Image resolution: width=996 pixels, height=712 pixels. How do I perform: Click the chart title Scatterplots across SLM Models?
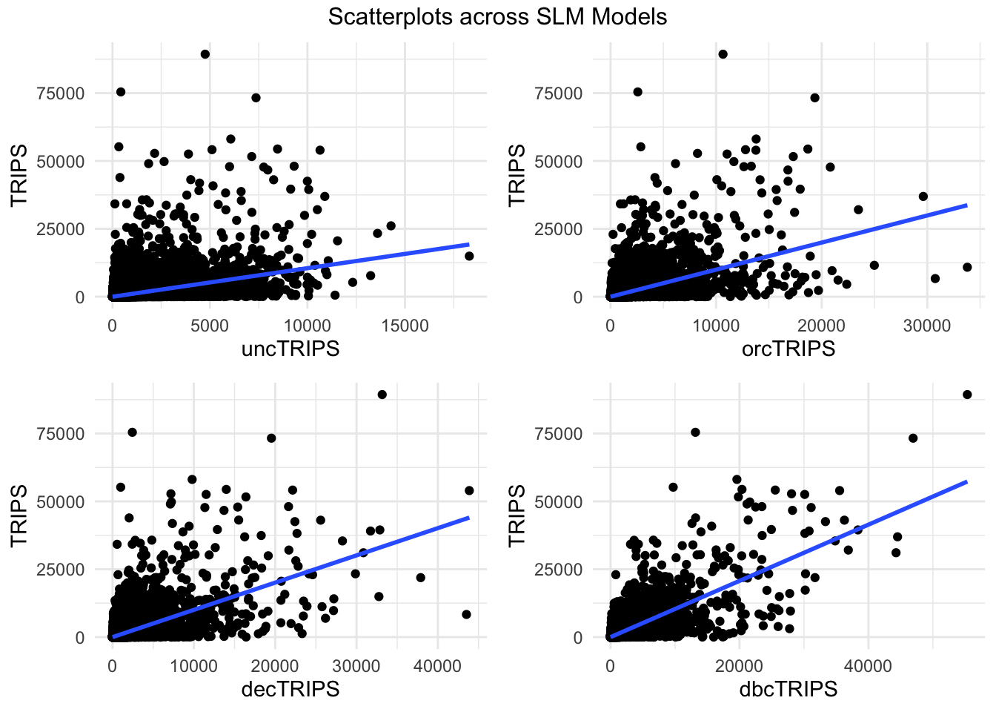coord(497,16)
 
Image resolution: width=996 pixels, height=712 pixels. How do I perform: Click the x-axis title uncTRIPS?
coord(290,349)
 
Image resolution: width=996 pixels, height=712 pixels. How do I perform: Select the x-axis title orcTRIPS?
coord(788,349)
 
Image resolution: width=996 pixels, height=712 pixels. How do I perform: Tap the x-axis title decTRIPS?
coord(290,689)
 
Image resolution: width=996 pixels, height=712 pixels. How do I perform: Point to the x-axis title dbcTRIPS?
coord(788,689)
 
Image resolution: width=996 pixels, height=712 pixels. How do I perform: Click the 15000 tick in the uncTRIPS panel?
coord(405,326)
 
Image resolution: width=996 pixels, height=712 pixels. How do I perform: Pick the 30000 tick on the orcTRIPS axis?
coord(927,326)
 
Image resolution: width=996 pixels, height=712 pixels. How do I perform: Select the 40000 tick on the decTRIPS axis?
coord(437,666)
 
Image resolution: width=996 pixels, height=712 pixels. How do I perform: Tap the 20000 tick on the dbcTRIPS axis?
coord(739,666)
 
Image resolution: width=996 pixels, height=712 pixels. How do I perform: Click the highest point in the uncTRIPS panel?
coord(205,54)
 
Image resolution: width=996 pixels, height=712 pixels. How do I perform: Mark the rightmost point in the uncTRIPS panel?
coord(469,256)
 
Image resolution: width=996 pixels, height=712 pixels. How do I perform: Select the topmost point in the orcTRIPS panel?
coord(723,54)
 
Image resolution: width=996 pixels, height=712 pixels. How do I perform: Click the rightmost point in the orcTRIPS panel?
coord(967,267)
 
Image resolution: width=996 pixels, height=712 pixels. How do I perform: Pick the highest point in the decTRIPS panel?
coord(382,395)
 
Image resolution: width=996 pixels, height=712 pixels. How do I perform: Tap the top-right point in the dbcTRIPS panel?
coord(967,395)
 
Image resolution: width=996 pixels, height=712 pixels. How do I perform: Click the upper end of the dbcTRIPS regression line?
coord(967,481)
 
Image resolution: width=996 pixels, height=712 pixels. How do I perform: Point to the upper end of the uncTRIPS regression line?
coord(469,244)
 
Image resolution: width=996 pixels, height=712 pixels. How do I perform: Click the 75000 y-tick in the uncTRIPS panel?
coord(60,93)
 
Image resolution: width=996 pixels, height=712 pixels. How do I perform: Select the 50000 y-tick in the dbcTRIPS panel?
coord(558,501)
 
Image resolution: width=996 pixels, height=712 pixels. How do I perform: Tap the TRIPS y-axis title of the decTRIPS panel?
coord(19,515)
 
